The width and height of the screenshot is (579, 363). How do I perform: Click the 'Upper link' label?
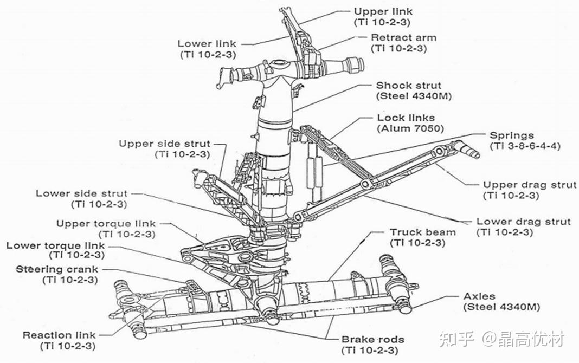pos(383,11)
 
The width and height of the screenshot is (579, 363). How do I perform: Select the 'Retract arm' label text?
pos(403,37)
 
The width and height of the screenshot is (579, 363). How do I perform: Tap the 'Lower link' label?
pos(207,43)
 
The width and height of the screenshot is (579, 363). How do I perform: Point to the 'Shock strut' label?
pos(408,85)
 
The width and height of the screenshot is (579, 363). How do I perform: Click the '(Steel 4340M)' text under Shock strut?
pos(414,96)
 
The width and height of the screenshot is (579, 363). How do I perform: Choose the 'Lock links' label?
pos(406,118)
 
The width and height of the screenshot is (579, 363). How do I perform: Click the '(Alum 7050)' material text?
pos(410,129)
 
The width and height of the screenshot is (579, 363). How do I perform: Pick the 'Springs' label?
pos(512,135)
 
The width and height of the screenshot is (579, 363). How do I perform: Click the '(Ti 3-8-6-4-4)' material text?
pos(525,146)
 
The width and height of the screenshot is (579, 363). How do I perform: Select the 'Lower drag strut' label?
pos(524,222)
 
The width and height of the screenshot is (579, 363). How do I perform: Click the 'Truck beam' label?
pos(423,232)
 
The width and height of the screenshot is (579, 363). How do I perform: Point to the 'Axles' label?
pos(479,296)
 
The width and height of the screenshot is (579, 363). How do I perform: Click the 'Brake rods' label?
pos(372,339)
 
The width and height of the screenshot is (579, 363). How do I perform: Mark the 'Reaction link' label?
pos(59,335)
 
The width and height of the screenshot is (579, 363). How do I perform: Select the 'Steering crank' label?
pos(57,269)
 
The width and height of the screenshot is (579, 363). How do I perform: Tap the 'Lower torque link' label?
pos(55,245)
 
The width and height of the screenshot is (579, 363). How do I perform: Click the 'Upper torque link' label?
pos(106,224)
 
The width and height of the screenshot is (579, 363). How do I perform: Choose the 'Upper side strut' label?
pos(164,144)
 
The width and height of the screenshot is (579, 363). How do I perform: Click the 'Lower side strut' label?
pos(81,193)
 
